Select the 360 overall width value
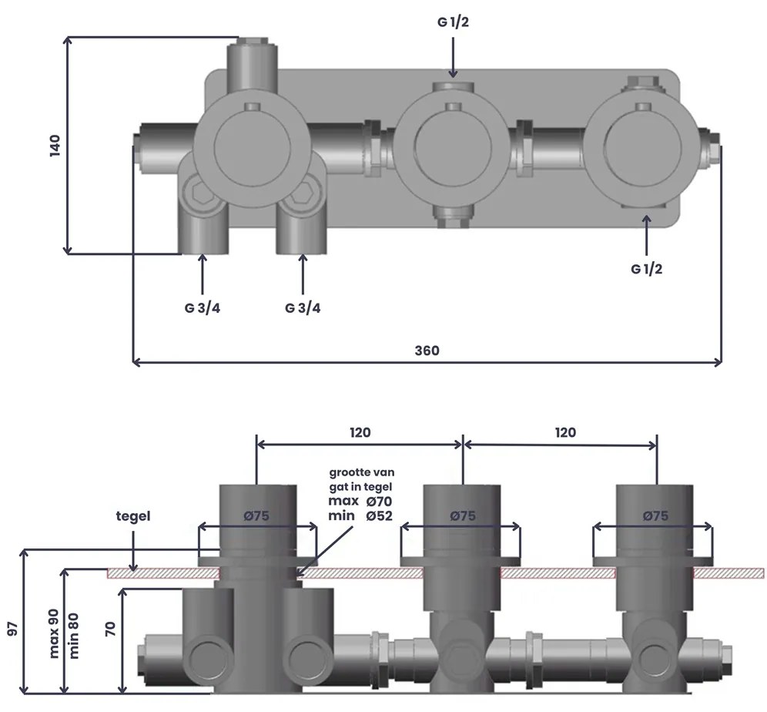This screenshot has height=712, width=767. coord(427,350)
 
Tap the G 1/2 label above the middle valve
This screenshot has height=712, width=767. coord(453,22)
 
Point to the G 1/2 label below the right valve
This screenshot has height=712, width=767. coord(646,269)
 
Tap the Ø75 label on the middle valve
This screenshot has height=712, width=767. coord(462,516)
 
